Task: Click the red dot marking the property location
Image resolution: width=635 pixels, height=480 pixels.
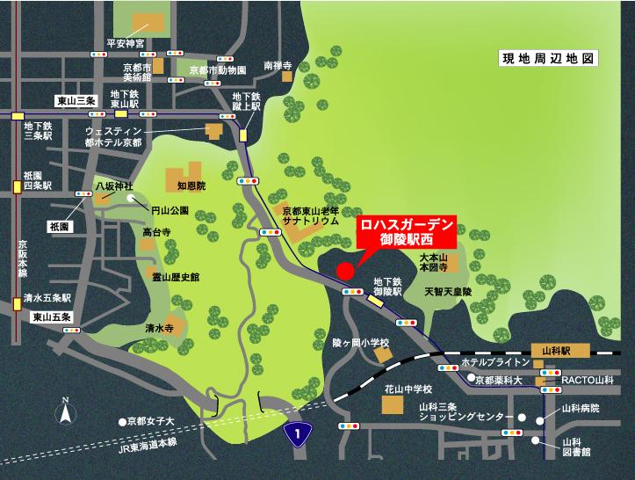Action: point(345,269)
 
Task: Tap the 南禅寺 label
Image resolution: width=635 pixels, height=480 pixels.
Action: point(275,65)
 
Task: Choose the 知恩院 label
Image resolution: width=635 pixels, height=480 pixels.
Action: point(190,186)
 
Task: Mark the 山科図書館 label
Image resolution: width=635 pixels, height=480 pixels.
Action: point(573,447)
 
